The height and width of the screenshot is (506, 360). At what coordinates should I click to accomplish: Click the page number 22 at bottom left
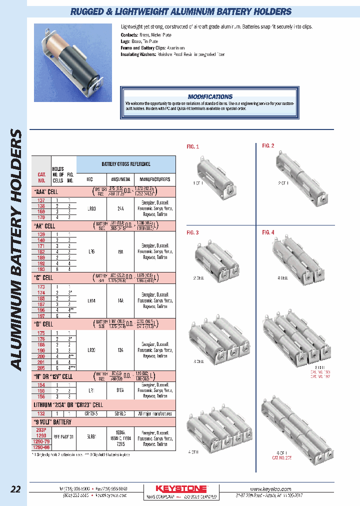16,489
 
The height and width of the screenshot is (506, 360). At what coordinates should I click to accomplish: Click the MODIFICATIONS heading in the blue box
210,96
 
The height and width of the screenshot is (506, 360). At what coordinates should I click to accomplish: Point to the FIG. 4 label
268,232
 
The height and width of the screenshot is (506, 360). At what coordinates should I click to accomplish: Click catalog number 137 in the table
41,200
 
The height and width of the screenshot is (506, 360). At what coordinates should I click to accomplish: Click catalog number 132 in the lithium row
41,413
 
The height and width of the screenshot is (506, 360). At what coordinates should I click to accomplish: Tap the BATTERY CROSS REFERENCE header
126,164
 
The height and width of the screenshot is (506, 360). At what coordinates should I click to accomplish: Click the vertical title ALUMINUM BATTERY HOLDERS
16,250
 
